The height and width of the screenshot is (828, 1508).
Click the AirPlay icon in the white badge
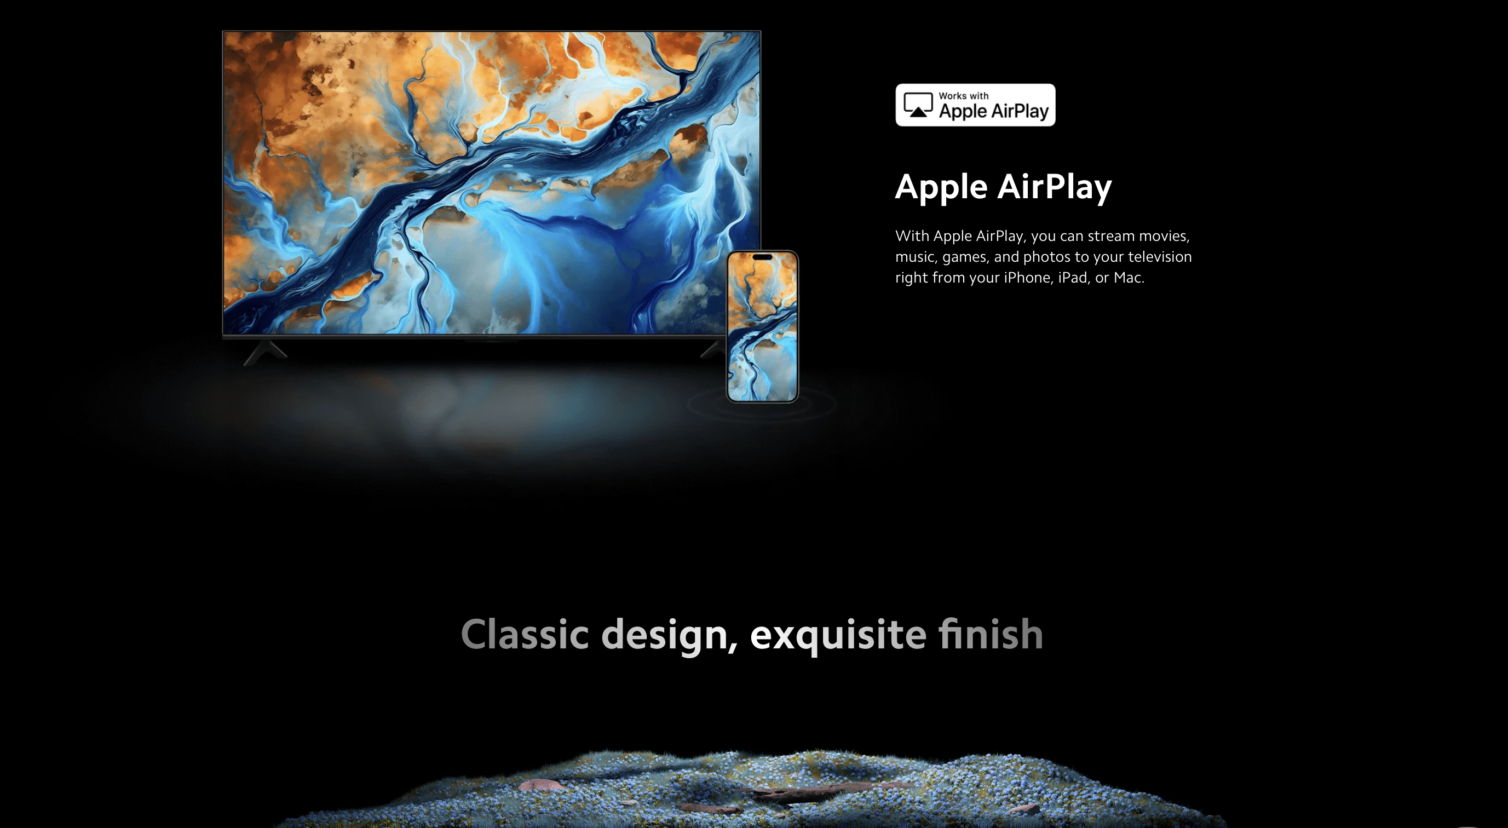pyautogui.click(x=918, y=105)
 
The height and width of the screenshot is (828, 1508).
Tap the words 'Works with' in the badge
pyautogui.click(x=964, y=95)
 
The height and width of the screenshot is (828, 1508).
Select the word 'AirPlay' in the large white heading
pyautogui.click(x=1054, y=188)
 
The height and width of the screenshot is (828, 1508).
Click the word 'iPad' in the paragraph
pyautogui.click(x=1073, y=277)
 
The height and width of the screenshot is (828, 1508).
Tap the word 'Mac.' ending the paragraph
pyautogui.click(x=1129, y=277)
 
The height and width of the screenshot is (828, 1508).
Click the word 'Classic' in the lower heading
pyautogui.click(x=525, y=634)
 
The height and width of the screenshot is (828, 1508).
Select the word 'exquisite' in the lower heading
pyautogui.click(x=838, y=635)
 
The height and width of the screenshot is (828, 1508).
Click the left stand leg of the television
pyautogui.click(x=264, y=352)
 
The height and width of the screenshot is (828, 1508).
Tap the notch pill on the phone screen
pyautogui.click(x=762, y=257)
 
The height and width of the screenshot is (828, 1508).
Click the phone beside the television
pyautogui.click(x=762, y=327)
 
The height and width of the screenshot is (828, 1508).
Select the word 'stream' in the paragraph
pyautogui.click(x=1111, y=236)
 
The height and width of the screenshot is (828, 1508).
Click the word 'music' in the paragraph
pyautogui.click(x=916, y=257)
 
